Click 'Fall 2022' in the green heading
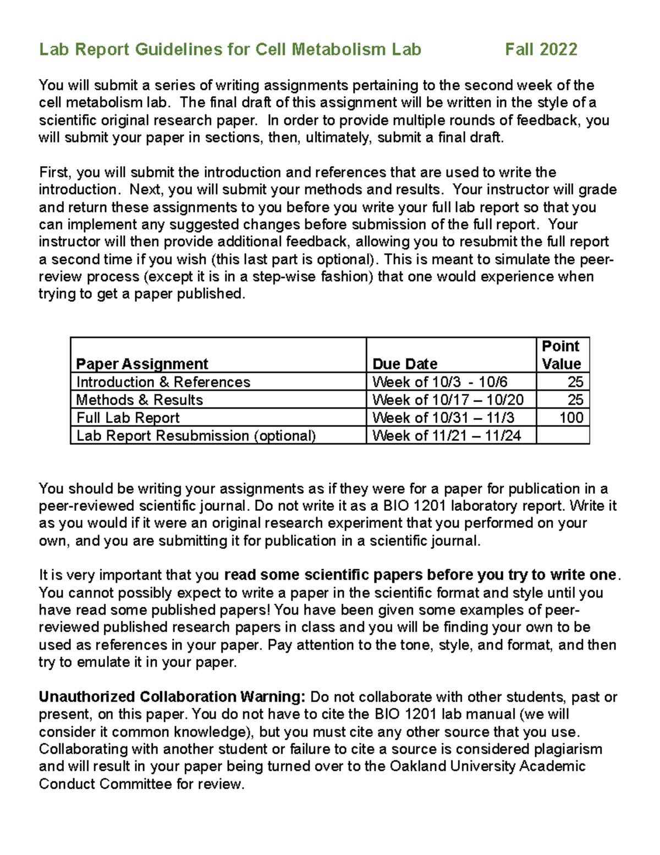click(x=541, y=50)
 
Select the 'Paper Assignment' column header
click(x=142, y=364)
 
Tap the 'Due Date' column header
click(x=405, y=364)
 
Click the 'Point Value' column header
click(x=561, y=355)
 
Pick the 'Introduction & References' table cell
click(x=163, y=382)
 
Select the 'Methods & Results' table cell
click(x=139, y=400)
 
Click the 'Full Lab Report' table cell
click(x=128, y=418)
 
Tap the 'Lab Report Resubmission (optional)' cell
click(x=196, y=435)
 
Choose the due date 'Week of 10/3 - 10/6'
click(x=439, y=382)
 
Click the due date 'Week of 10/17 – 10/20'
click(x=448, y=400)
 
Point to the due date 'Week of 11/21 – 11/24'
click(x=447, y=435)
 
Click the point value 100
click(x=571, y=418)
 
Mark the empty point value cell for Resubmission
click(x=563, y=435)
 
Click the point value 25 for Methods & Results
click(x=575, y=400)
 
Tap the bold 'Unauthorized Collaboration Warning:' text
click(x=172, y=697)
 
